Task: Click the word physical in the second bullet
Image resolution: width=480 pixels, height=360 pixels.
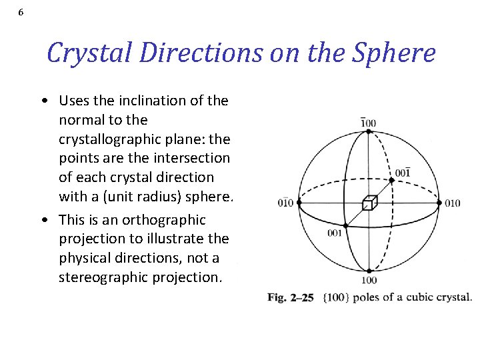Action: click(x=83, y=257)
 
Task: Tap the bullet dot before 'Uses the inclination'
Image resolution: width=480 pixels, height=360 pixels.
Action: click(x=43, y=101)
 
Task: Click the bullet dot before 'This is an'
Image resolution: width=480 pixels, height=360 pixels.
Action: click(x=43, y=220)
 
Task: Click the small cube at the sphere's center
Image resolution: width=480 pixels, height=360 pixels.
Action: click(x=369, y=203)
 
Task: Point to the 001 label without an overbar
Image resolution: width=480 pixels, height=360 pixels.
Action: click(x=336, y=233)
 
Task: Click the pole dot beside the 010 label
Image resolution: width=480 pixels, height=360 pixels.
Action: click(x=439, y=202)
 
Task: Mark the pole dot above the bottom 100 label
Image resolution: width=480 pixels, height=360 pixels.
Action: click(x=369, y=271)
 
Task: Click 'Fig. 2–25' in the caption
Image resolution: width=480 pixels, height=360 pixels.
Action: click(x=291, y=297)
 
